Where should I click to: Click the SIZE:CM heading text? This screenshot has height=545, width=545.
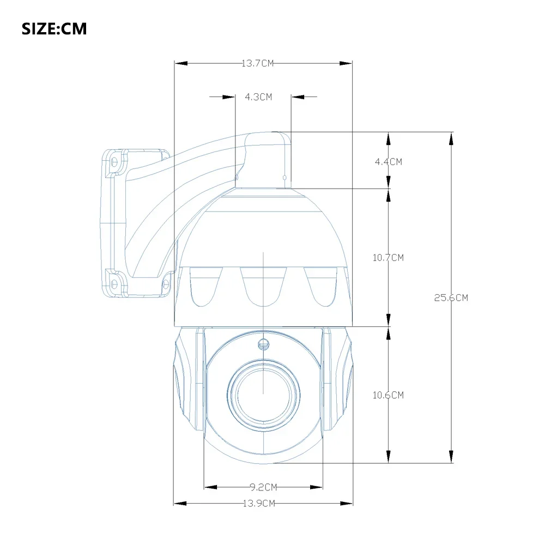tap(54, 29)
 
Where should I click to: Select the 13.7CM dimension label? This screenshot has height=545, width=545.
tap(257, 63)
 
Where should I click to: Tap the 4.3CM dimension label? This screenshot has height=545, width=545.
tap(258, 97)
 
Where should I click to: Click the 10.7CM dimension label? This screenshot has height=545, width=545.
tap(388, 257)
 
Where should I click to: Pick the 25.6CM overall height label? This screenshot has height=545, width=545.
tap(451, 298)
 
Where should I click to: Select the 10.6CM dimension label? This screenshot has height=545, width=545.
tap(388, 395)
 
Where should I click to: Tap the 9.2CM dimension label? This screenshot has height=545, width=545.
tap(263, 487)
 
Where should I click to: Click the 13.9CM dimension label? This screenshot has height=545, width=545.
tap(258, 504)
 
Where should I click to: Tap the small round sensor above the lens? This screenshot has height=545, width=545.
tap(264, 344)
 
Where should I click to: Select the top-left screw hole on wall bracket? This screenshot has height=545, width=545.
tap(115, 162)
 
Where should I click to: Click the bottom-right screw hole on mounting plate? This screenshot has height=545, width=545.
tap(164, 282)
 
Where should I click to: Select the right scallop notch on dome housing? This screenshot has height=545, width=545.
tap(324, 286)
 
